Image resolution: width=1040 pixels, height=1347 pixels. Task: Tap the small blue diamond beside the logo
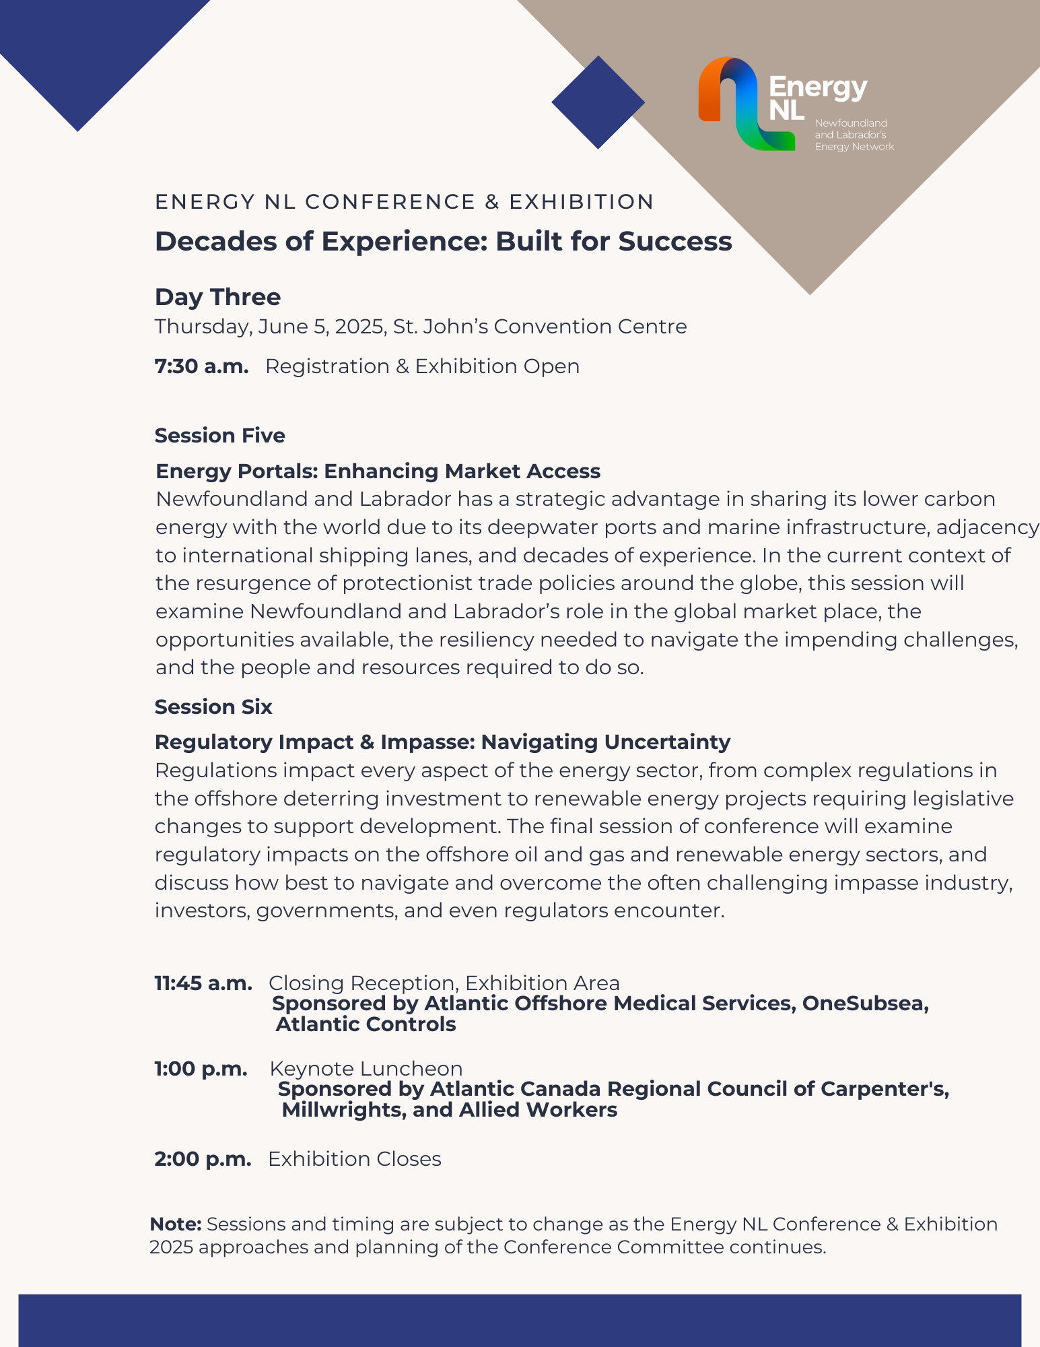(598, 102)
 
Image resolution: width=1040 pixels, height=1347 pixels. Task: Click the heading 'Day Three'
(217, 297)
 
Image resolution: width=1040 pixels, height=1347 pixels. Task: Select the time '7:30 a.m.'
(201, 366)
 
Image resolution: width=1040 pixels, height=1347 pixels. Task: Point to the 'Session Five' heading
(219, 436)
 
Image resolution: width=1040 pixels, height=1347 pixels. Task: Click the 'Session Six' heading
(213, 707)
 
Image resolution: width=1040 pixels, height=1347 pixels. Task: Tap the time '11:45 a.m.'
(203, 983)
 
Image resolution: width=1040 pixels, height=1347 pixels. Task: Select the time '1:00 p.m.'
(201, 1069)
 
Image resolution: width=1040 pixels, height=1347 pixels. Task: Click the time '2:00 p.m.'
(203, 1159)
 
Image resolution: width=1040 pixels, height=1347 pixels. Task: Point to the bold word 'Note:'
(175, 1224)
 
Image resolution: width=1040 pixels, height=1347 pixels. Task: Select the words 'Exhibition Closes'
(355, 1159)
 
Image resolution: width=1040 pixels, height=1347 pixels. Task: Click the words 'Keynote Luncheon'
(366, 1069)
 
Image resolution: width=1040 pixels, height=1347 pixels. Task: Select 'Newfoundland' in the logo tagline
(851, 123)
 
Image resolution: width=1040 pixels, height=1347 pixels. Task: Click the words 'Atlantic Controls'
(366, 1024)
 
